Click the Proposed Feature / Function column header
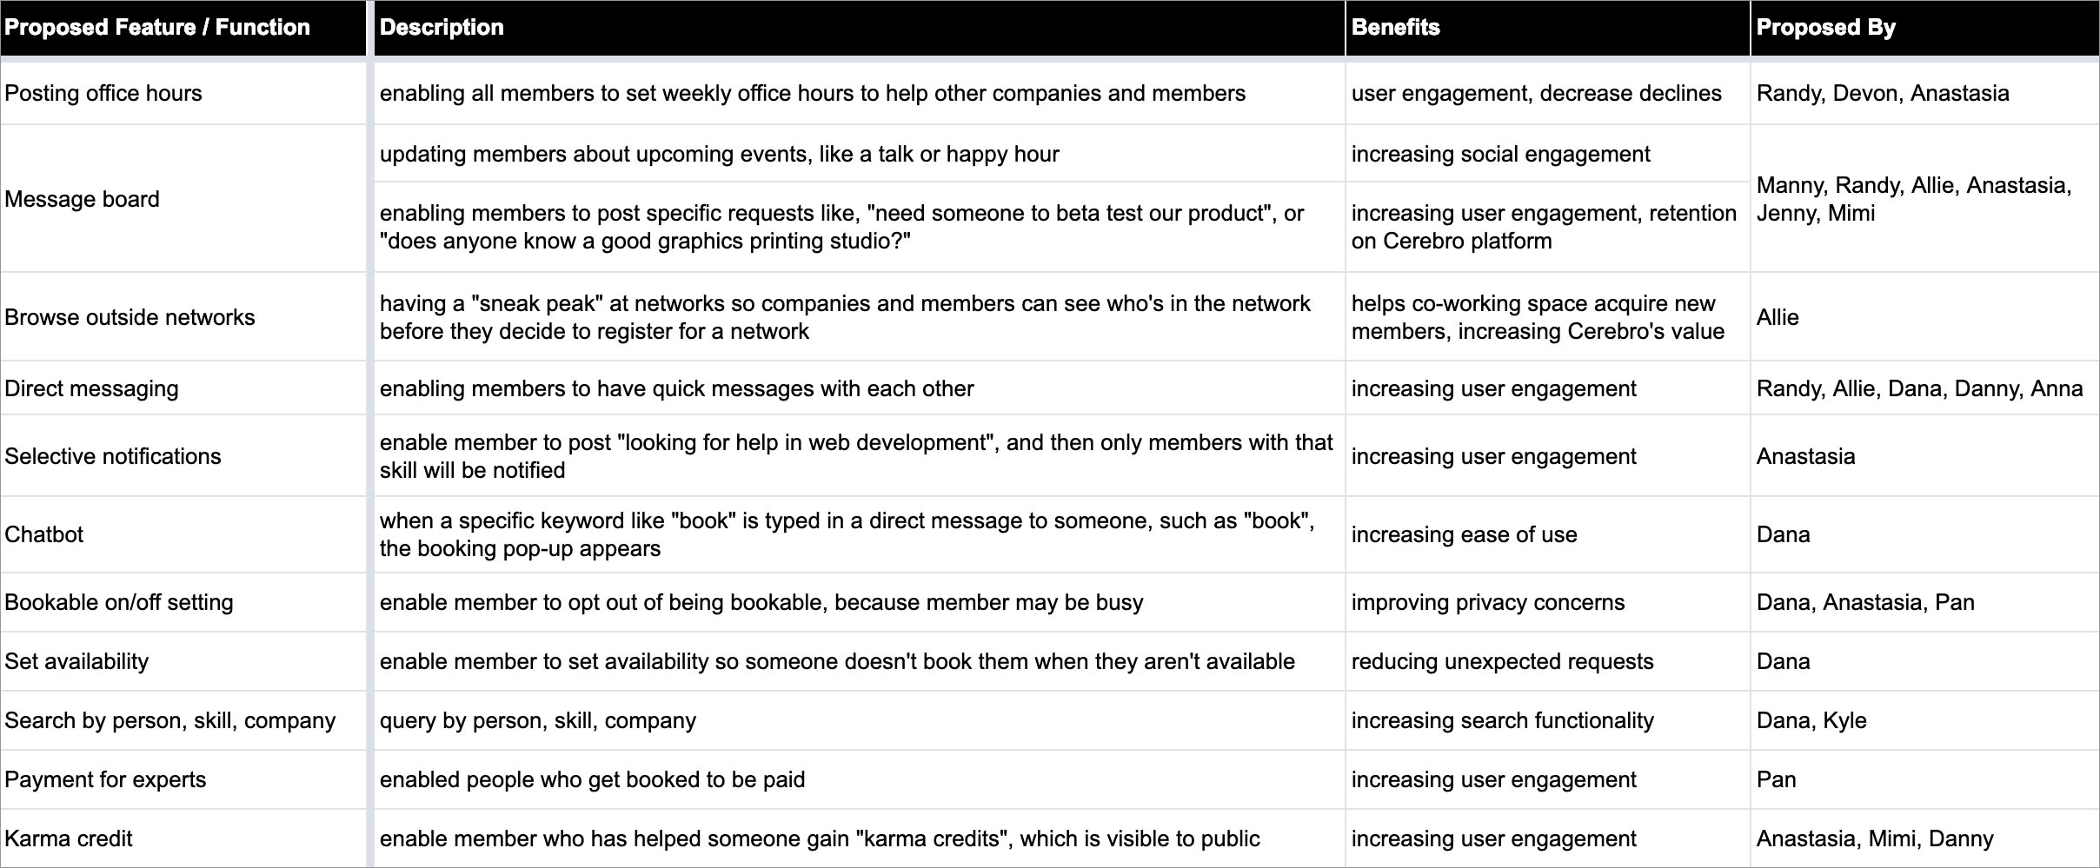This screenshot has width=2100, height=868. pyautogui.click(x=157, y=28)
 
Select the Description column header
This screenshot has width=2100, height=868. pyautogui.click(x=442, y=28)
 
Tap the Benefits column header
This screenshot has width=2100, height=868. pyautogui.click(x=1395, y=28)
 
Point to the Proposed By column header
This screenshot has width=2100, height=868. pyautogui.click(x=1825, y=28)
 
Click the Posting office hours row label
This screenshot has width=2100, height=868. pyautogui.click(x=103, y=94)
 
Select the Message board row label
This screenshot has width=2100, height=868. pyautogui.click(x=83, y=199)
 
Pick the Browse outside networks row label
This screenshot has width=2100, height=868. pyautogui.click(x=130, y=317)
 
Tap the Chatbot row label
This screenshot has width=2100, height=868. pyautogui.click(x=44, y=534)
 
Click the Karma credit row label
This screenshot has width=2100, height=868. pyautogui.click(x=69, y=838)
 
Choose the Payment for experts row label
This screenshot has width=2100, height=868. pyautogui.click(x=105, y=779)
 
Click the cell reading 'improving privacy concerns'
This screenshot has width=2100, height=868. pyautogui.click(x=1487, y=602)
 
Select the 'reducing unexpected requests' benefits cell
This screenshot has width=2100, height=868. pyautogui.click(x=1502, y=661)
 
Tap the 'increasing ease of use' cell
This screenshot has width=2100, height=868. pyautogui.click(x=1464, y=534)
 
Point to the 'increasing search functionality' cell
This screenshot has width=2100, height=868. pyautogui.click(x=1502, y=720)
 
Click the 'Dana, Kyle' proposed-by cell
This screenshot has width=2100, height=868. pyautogui.click(x=1811, y=720)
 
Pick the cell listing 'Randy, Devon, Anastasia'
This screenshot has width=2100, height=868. pyautogui.click(x=1883, y=94)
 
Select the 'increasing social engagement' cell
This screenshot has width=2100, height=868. pyautogui.click(x=1500, y=154)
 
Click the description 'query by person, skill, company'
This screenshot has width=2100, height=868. pyautogui.click(x=538, y=720)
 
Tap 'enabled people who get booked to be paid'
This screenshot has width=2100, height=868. pyautogui.click(x=592, y=779)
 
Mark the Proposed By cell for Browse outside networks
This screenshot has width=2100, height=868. pyautogui.click(x=1778, y=317)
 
